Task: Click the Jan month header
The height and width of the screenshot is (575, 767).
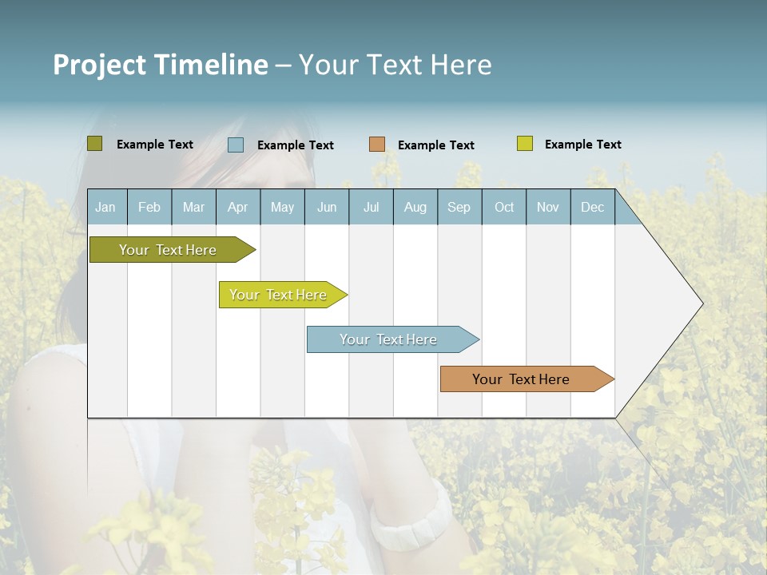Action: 105,208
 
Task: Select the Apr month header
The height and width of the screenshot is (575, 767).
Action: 237,208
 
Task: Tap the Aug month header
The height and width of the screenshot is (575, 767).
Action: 415,208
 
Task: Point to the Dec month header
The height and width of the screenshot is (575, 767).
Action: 592,208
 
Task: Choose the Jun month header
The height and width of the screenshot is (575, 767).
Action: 327,208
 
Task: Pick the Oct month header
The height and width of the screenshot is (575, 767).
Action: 504,208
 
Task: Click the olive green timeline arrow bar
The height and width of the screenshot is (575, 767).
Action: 169,250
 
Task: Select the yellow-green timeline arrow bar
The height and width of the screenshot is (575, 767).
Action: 279,295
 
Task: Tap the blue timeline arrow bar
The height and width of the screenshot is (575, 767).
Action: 389,339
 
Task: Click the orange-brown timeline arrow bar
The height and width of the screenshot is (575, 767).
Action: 522,379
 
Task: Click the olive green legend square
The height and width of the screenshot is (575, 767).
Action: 94,144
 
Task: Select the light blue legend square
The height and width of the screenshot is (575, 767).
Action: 236,145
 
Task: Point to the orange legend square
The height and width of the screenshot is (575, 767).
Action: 377,145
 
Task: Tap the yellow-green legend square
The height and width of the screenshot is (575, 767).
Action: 525,144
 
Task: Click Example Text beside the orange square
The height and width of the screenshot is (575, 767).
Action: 435,145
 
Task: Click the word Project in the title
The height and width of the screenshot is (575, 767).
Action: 98,65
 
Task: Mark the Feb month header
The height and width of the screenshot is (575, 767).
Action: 149,208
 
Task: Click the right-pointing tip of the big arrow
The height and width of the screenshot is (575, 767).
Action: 701,303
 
